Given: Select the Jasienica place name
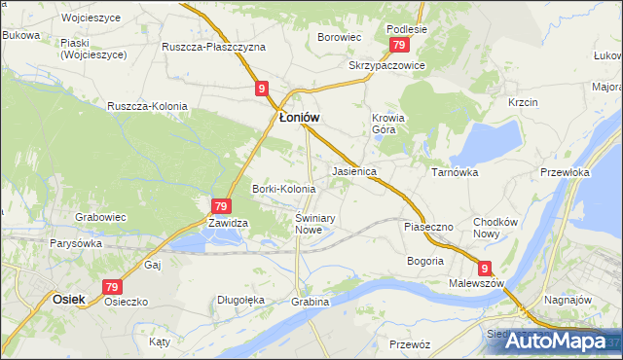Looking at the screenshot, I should click(x=354, y=170).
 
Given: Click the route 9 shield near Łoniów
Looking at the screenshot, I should click(x=262, y=89).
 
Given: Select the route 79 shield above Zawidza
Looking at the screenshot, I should click(x=221, y=206).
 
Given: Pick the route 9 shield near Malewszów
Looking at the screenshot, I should click(x=485, y=267).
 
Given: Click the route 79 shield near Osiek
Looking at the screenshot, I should click(x=112, y=287).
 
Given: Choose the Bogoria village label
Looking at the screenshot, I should click(x=424, y=261).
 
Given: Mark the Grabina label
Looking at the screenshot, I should click(x=310, y=302).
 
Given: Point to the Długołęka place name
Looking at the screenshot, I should click(x=241, y=300).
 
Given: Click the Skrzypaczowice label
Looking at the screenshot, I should click(x=387, y=65).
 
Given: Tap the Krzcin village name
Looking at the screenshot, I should click(x=523, y=101).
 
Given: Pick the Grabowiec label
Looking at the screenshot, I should click(x=102, y=217).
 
